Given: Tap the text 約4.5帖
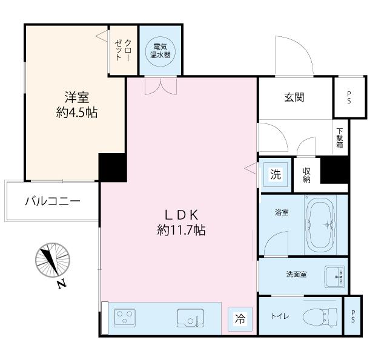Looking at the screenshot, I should (x=78, y=113).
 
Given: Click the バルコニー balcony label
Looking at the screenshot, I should (x=52, y=201).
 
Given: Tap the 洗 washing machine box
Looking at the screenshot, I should (x=275, y=175).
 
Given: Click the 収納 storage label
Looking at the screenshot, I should (x=306, y=175).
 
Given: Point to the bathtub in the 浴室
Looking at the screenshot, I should (x=326, y=224).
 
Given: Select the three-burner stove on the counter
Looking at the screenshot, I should (x=126, y=318).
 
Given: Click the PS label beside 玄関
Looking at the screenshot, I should (x=349, y=97).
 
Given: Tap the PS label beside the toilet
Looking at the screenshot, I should (x=353, y=316).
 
